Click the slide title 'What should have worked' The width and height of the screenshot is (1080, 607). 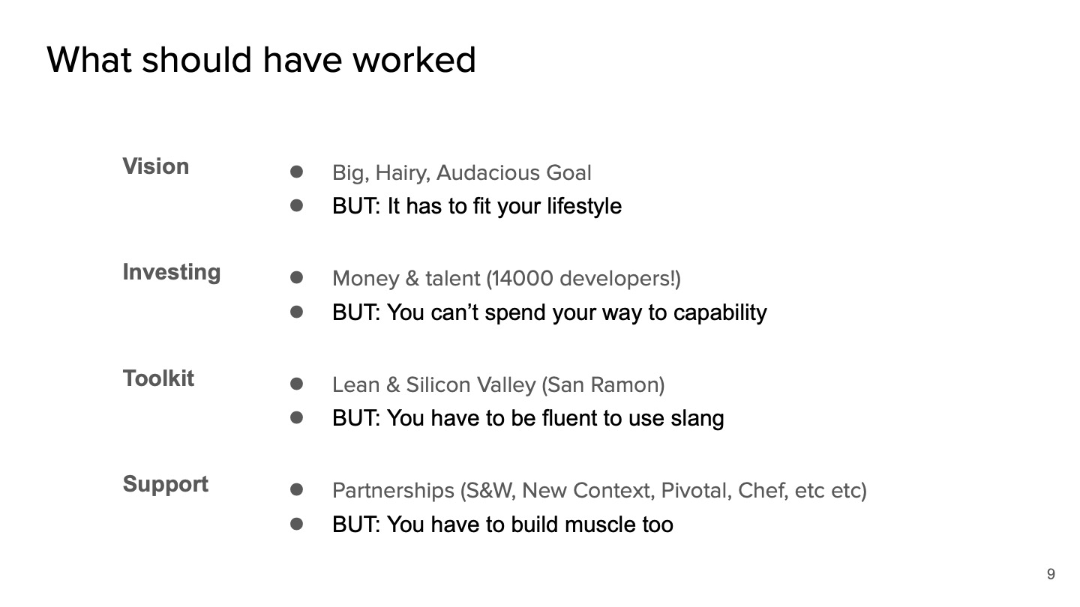point(261,60)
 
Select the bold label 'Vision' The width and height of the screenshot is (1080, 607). point(156,166)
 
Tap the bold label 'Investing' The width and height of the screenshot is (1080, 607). point(172,272)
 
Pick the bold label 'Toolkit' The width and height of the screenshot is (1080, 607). point(158,378)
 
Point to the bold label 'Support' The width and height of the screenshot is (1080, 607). point(166,484)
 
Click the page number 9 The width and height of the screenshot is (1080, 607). point(1051,575)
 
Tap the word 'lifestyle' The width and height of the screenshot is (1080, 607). point(583,207)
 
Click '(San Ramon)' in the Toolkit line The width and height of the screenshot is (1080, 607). point(603,385)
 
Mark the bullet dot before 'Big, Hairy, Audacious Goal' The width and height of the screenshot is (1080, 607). point(297,172)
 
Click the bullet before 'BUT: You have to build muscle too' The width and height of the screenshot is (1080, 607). point(297,524)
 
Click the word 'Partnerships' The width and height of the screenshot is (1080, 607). point(393,491)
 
